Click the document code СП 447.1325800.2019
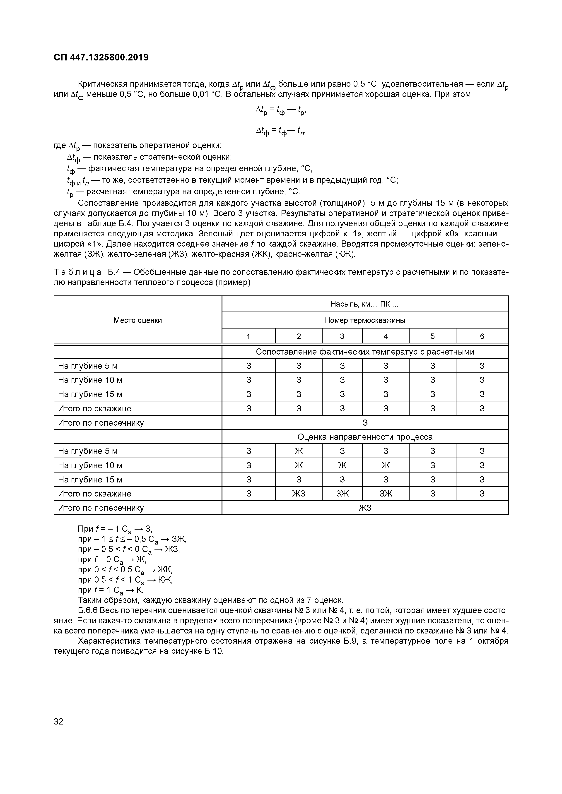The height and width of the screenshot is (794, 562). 101,58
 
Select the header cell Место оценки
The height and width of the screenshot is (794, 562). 137,320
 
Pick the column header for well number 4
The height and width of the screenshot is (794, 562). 386,336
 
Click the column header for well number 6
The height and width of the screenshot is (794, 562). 482,336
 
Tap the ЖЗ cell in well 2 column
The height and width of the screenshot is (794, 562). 298,494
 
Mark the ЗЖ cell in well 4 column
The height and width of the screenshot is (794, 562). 386,494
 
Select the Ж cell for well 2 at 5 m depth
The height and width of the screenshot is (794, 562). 298,451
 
